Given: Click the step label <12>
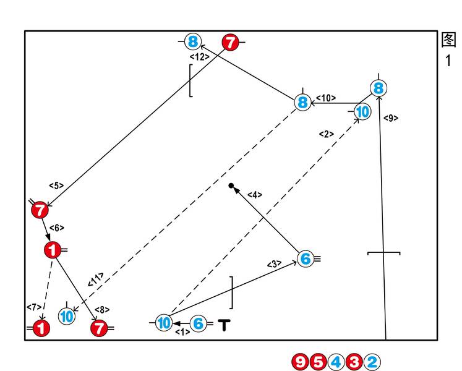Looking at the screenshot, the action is click(200, 57).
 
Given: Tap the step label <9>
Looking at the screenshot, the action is click(391, 118).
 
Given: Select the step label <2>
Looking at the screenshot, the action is click(327, 134).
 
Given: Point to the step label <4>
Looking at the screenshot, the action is click(255, 195).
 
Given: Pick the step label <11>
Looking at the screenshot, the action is click(96, 279).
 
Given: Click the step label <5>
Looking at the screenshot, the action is click(56, 185).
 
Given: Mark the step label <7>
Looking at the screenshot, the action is click(34, 307).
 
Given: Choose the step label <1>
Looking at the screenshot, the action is click(182, 332).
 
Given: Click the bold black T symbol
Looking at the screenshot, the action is click(225, 325).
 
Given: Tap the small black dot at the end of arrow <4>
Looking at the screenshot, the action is click(231, 185).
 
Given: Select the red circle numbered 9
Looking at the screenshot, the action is click(301, 362).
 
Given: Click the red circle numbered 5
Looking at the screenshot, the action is click(318, 362).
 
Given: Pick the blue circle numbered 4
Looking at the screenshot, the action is click(336, 362).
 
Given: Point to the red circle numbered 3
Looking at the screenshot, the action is click(354, 362).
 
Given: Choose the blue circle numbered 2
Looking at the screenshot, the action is click(372, 362).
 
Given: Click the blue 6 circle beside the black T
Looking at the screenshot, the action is click(199, 323).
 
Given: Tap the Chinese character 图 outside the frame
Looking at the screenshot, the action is click(449, 40).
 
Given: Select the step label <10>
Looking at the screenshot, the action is click(326, 98).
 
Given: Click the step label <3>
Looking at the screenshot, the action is click(275, 264).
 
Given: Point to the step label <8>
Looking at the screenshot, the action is click(102, 310).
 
